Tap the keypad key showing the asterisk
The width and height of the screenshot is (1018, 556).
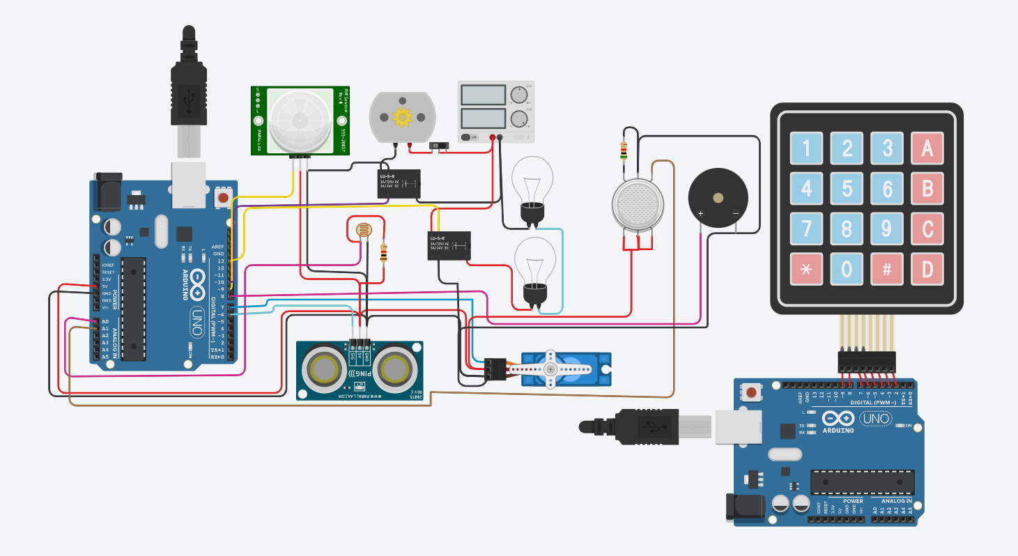click(x=807, y=269)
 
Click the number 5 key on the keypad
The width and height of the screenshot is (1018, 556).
click(x=847, y=189)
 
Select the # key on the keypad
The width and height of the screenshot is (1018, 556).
click(x=887, y=269)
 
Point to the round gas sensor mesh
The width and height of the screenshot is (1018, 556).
click(x=636, y=204)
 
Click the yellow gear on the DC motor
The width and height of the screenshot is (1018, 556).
click(x=403, y=116)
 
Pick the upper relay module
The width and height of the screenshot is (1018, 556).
click(x=399, y=184)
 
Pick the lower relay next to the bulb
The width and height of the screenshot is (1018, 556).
click(x=449, y=246)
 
